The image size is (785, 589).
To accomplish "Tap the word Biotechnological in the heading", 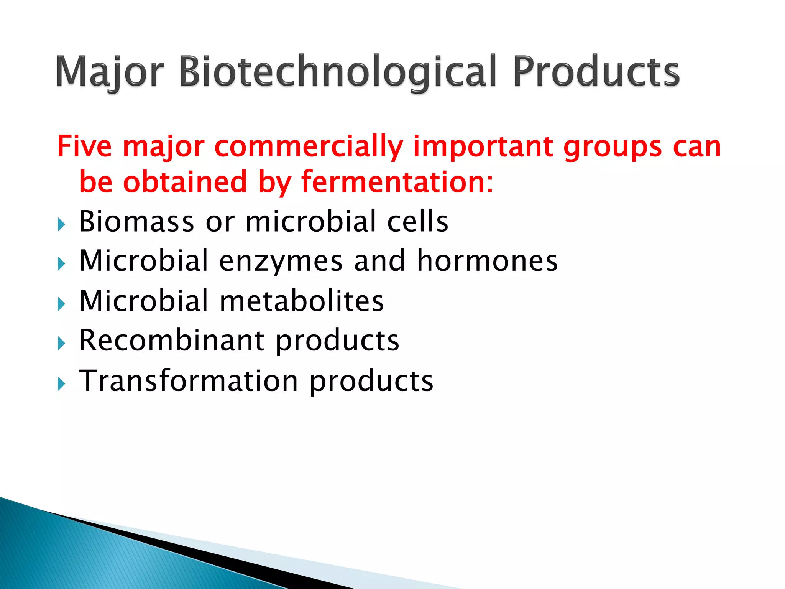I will (337, 72).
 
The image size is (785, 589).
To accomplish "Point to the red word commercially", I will (308, 147).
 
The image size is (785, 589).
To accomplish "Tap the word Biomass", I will (136, 221).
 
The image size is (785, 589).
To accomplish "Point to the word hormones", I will (487, 261).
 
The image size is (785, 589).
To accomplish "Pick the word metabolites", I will (301, 301).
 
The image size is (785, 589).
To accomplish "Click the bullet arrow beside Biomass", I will (62, 224).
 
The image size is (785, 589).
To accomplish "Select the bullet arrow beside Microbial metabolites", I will (62, 304).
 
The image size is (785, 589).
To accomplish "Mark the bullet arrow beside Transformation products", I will (62, 384).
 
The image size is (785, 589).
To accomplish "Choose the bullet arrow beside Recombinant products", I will (62, 344).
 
